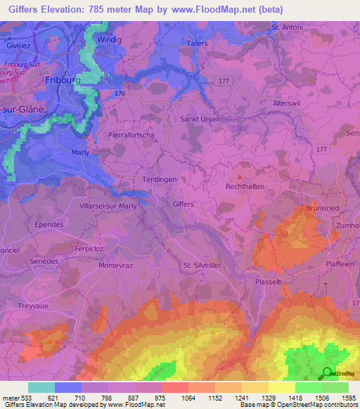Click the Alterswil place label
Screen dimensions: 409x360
tap(287, 103)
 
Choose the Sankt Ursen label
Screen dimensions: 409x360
tap(201, 119)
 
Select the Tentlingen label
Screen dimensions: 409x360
tap(160, 179)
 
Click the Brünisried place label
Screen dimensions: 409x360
tap(323, 209)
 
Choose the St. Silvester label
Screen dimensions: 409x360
tap(202, 265)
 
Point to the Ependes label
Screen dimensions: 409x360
tap(49, 224)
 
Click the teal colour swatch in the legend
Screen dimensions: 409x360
tap(41, 387)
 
